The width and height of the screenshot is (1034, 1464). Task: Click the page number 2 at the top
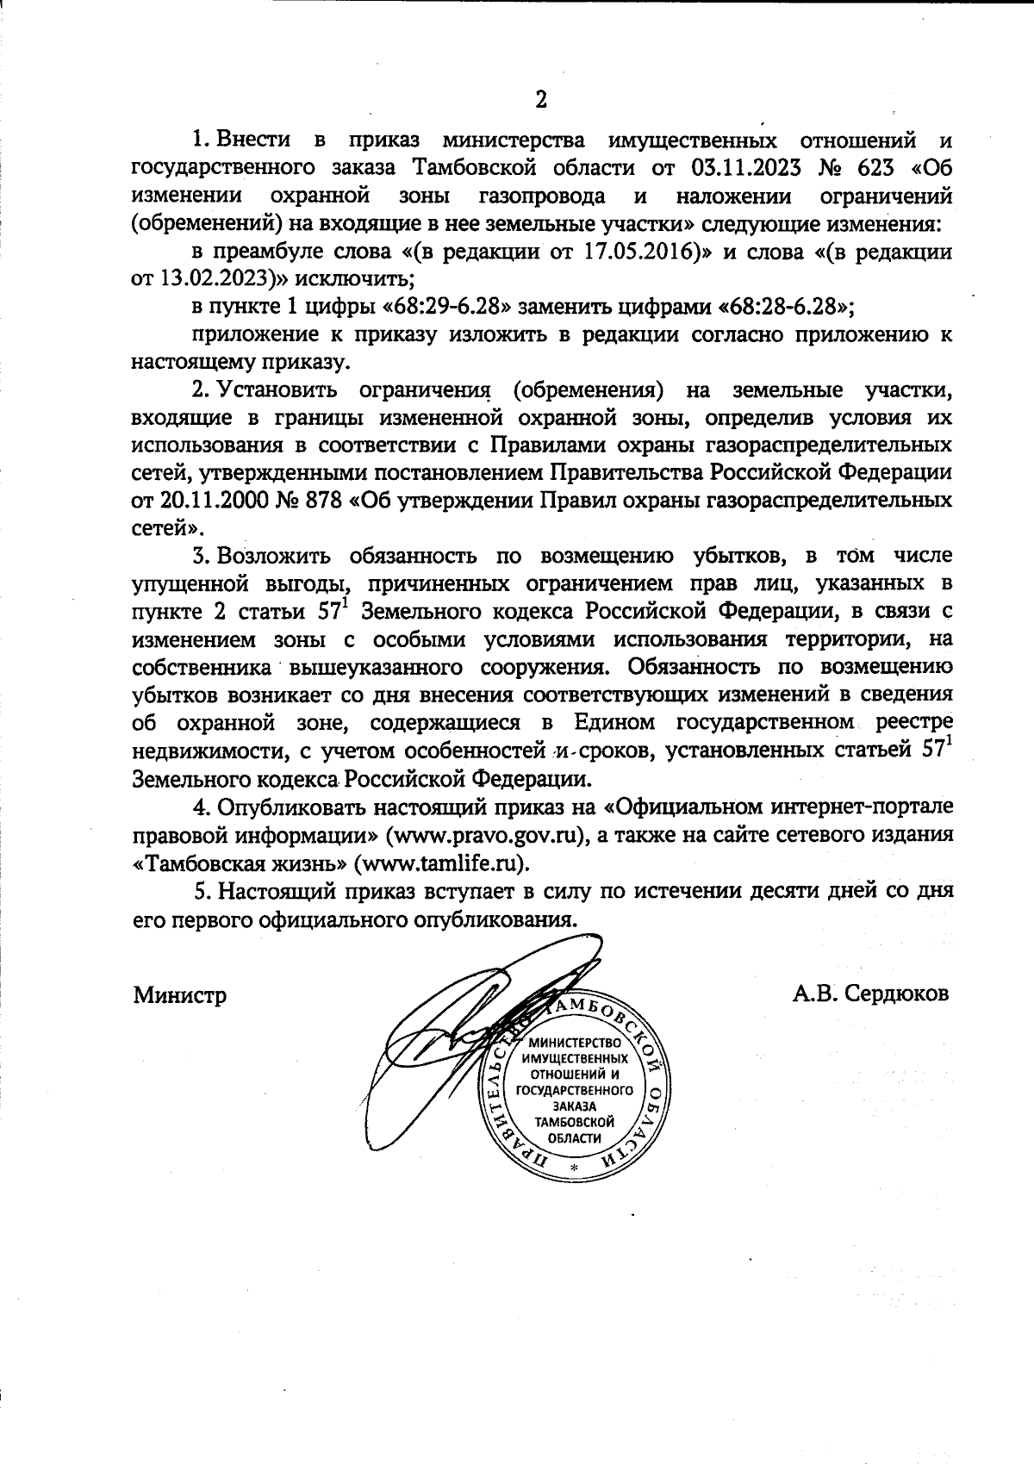tap(540, 99)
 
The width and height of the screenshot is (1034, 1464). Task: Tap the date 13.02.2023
tap(215, 278)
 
